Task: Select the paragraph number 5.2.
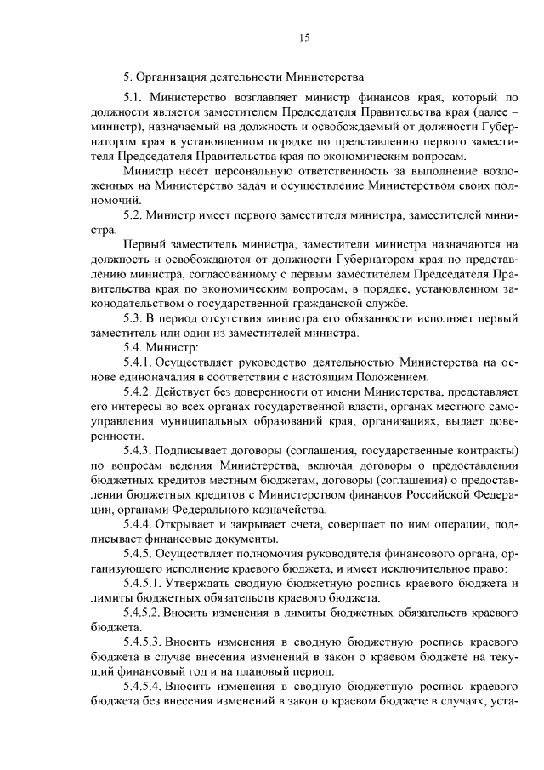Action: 135,215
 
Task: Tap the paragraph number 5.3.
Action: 135,318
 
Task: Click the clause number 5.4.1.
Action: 141,362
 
